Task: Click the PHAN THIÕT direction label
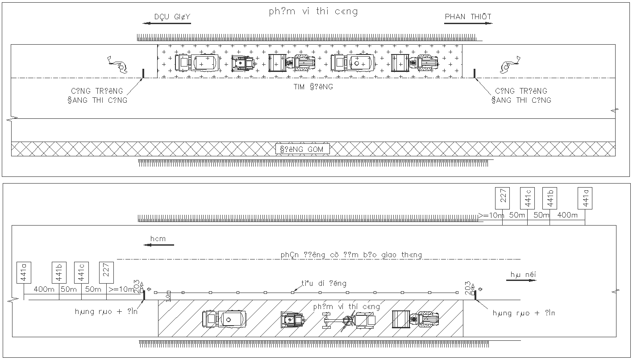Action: [468, 17]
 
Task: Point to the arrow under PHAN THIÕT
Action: [468, 23]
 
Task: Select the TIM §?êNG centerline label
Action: [313, 87]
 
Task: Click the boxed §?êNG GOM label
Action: [302, 149]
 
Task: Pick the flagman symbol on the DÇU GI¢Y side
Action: [118, 64]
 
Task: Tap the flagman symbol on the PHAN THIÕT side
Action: [508, 64]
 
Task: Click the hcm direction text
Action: [158, 239]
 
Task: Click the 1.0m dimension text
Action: [168, 296]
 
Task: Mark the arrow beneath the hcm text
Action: [158, 245]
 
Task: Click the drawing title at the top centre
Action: [313, 12]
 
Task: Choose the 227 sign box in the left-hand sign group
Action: [106, 272]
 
